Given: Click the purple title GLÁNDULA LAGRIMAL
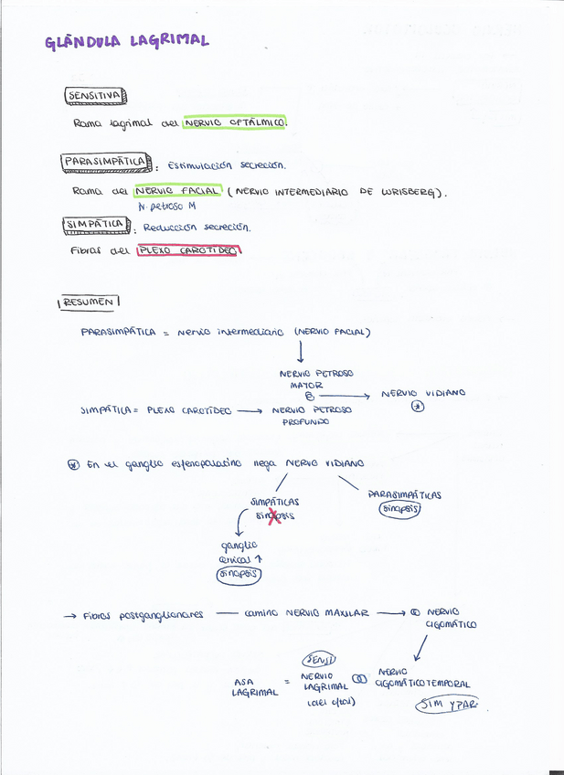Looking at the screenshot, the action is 127,40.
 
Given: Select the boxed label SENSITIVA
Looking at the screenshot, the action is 94,95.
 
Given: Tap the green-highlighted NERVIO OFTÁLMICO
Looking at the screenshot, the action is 234,122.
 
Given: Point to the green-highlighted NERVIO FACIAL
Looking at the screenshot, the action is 176,191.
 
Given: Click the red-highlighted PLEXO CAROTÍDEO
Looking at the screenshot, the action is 186,250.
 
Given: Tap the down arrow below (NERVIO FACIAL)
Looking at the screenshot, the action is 300,351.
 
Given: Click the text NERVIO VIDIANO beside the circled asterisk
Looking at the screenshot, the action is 423,393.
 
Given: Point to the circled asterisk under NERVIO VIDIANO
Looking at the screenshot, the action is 418,408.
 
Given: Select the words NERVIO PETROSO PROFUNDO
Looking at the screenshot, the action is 311,416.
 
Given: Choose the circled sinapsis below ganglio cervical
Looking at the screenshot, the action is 238,574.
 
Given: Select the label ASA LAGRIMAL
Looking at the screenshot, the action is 254,686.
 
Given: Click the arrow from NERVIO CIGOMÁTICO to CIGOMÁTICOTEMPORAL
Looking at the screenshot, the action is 420,646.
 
